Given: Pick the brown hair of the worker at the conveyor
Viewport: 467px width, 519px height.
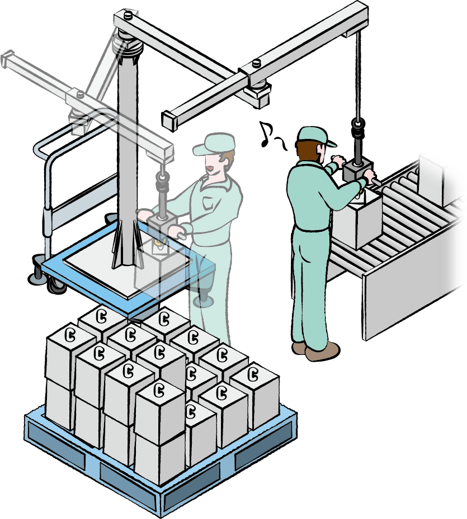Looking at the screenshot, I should click(309, 151).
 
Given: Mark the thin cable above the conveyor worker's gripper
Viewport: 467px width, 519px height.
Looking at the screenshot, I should click(357, 73).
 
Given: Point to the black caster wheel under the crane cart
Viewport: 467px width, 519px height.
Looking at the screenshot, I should click(56, 285).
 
